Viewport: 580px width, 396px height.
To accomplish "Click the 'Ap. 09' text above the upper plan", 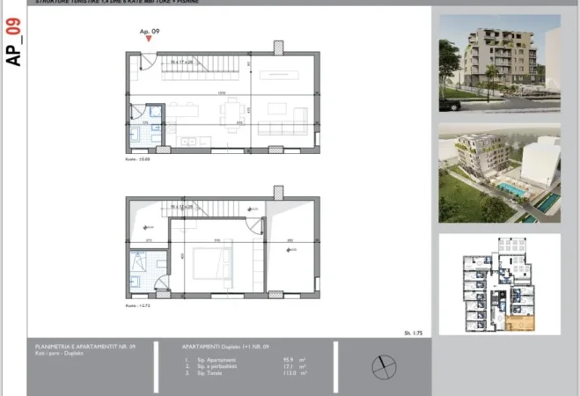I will click(x=149, y=31).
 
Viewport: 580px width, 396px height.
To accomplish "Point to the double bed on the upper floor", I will click(x=210, y=262).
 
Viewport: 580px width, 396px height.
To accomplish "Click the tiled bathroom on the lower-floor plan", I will click(x=143, y=127).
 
